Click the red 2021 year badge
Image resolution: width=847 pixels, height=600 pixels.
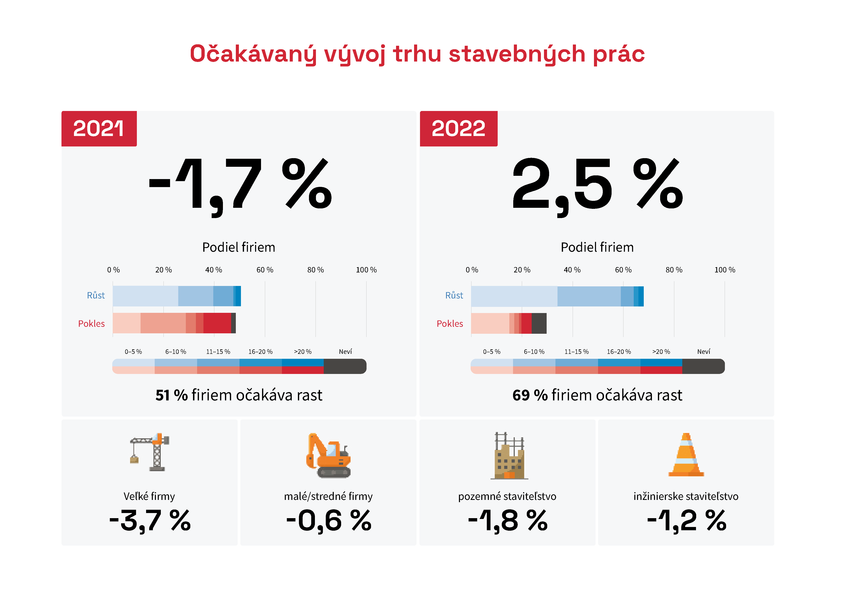[99, 129]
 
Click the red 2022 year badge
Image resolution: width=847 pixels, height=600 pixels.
[458, 129]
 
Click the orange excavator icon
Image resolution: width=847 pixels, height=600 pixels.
[328, 455]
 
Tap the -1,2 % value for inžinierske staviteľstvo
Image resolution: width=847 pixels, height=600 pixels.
[686, 520]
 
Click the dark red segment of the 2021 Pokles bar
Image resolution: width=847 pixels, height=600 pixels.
[217, 323]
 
